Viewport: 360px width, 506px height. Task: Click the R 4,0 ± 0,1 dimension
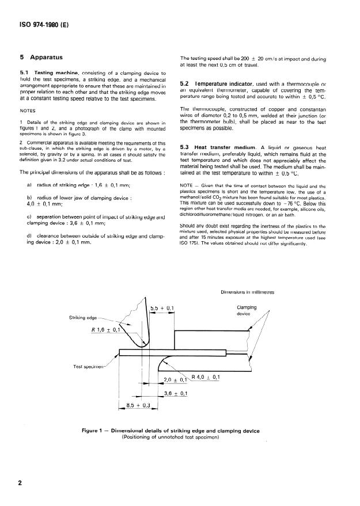pyautogui.click(x=206, y=377)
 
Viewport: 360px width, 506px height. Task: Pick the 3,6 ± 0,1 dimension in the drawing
pyautogui.click(x=176, y=393)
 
